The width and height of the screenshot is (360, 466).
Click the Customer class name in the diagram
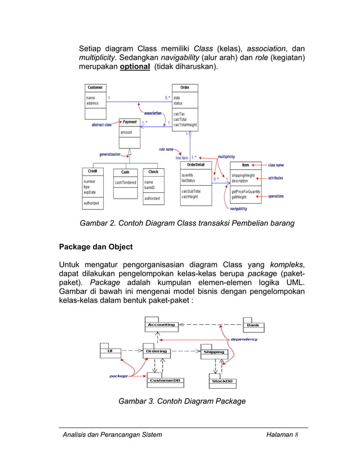click(95, 87)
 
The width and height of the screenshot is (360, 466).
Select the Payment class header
click(130, 122)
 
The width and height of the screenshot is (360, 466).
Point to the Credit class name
click(92, 171)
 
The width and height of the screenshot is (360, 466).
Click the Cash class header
click(125, 172)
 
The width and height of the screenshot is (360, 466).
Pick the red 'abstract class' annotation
click(102, 124)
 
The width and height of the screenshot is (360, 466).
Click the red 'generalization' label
click(110, 154)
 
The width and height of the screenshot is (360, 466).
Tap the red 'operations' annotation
click(276, 196)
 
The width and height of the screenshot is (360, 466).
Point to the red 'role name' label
click(166, 149)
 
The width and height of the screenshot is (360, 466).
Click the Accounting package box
click(161, 325)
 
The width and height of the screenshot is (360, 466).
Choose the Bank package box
click(253, 325)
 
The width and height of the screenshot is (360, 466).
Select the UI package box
click(111, 351)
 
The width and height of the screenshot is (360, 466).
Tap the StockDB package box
click(222, 381)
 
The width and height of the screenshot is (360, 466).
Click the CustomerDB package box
click(165, 381)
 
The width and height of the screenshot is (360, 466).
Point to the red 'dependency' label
click(244, 339)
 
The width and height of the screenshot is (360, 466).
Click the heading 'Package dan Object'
click(96, 247)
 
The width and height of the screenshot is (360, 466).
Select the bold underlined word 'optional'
click(134, 67)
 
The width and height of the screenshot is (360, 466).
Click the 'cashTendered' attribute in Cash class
click(125, 182)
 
